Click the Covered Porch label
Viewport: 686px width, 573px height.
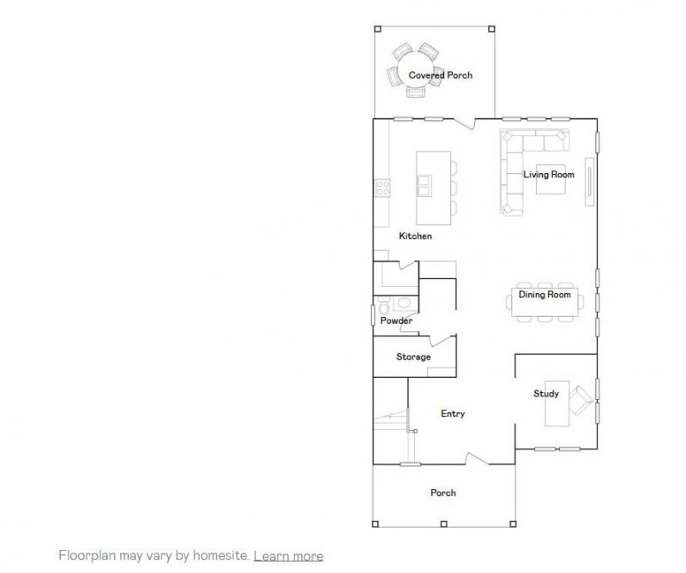point(440,75)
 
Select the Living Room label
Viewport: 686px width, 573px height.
point(549,175)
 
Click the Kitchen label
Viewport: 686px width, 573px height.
point(415,236)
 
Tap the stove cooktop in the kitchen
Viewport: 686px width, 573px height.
point(382,188)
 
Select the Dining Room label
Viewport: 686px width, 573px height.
point(545,295)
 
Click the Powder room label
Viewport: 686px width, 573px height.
point(396,321)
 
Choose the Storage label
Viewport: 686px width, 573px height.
point(413,356)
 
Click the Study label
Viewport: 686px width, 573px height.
point(546,394)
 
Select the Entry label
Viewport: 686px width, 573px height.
point(453,414)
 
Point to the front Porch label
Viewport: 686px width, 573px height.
point(443,492)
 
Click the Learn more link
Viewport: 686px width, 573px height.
point(288,556)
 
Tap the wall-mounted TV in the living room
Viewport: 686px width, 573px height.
point(589,180)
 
